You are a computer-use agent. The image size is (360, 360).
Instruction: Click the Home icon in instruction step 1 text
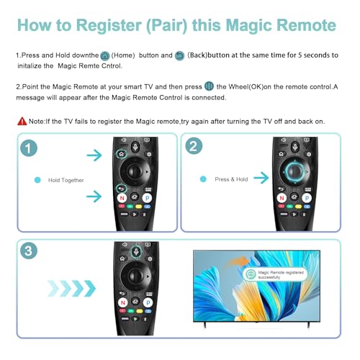(x=105, y=55)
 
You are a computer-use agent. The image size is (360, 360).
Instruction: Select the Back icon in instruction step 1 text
(x=180, y=55)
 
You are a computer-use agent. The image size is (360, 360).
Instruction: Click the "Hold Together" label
(x=66, y=179)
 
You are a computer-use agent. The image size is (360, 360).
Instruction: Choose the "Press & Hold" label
(x=231, y=179)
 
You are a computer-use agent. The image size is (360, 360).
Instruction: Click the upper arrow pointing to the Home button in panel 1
(x=94, y=155)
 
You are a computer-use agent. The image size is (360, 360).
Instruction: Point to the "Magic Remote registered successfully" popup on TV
(x=274, y=274)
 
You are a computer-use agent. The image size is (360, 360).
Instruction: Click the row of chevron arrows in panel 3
(x=70, y=288)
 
